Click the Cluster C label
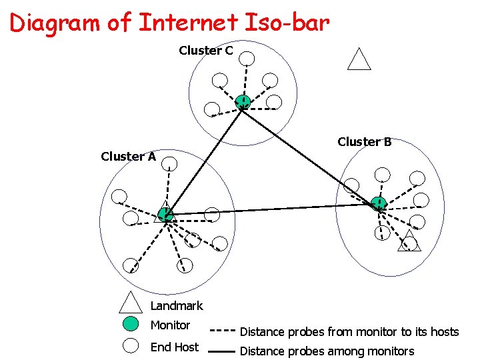coord(205,51)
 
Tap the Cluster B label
coord(364,142)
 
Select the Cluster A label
coord(128,157)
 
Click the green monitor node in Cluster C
coord(243,102)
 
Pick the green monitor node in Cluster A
coord(165,214)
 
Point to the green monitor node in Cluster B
coord(378,203)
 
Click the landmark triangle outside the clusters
coord(359,59)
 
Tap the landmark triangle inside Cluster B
coord(409,241)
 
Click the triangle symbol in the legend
coord(131,303)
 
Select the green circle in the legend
coord(131,325)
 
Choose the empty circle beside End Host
coord(131,346)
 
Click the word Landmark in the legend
coord(177,306)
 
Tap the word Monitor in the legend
coord(170,325)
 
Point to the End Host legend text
coord(174,347)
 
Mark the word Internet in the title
coord(187,23)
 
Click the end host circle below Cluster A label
coord(169,163)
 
